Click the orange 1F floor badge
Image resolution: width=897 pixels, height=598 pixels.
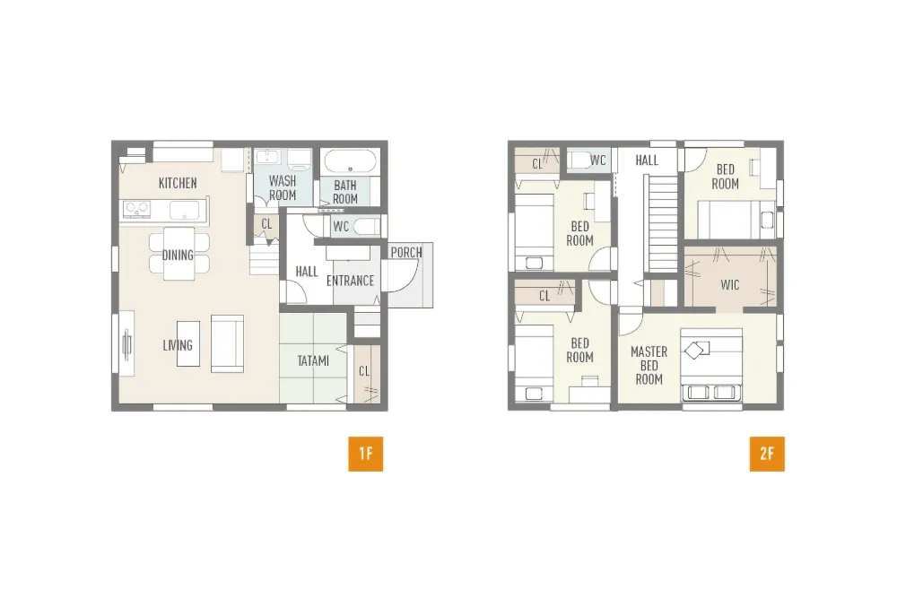[x=366, y=454]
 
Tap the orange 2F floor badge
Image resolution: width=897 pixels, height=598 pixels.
[x=767, y=454]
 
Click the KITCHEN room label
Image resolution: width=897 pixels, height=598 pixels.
[x=178, y=183]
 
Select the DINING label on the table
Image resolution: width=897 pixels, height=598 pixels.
[x=178, y=255]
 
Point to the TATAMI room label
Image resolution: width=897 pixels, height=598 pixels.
[x=313, y=360]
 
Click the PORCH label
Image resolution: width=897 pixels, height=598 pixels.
[x=406, y=252]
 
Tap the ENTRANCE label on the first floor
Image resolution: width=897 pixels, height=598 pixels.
[x=350, y=281]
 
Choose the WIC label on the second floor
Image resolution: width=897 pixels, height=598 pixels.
[x=730, y=285]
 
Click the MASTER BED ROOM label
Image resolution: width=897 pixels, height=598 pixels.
[x=649, y=365]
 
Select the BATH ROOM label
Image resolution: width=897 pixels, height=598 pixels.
[x=345, y=192]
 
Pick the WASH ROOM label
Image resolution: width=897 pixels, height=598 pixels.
[x=283, y=187]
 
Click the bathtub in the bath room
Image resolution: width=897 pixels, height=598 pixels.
[x=350, y=161]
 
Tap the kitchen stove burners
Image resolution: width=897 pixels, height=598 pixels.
[x=136, y=209]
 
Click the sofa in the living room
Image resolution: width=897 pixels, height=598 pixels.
[x=227, y=343]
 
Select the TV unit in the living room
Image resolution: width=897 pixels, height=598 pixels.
[x=126, y=344]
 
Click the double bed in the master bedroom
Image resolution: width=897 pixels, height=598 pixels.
[x=711, y=365]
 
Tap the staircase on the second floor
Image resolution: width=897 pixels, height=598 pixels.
[x=663, y=223]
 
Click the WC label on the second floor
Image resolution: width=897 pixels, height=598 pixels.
[x=597, y=160]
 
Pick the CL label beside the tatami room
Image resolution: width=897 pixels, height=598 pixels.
[x=364, y=371]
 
